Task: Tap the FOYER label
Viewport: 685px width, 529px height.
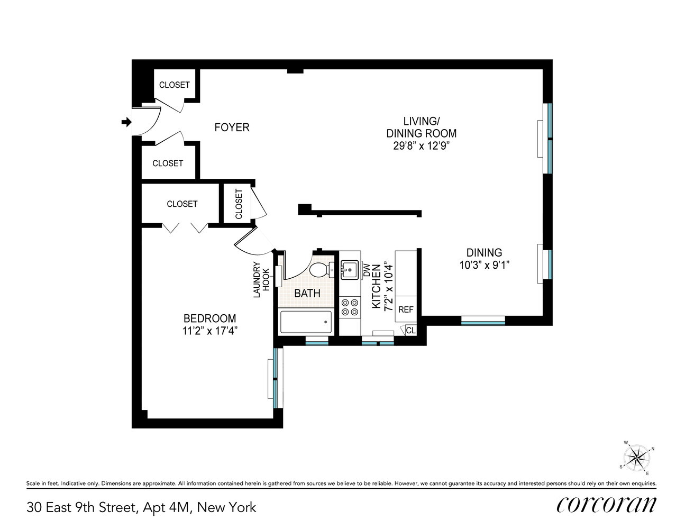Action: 232,127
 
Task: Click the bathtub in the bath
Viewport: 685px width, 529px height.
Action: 306,322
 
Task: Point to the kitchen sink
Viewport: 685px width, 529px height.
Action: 349,269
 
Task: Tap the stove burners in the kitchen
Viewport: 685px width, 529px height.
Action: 349,307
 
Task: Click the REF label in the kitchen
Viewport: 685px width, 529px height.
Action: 406,309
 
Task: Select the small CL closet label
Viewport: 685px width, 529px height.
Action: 411,331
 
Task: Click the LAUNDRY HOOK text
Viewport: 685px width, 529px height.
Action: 262,279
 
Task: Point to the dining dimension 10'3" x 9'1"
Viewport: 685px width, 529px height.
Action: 484,266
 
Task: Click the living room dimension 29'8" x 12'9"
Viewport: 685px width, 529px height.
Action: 421,146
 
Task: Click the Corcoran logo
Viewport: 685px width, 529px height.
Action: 606,505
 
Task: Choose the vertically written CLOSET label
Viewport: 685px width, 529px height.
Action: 239,204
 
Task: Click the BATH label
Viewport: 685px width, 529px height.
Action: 307,293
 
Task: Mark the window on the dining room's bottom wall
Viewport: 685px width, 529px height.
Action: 483,321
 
